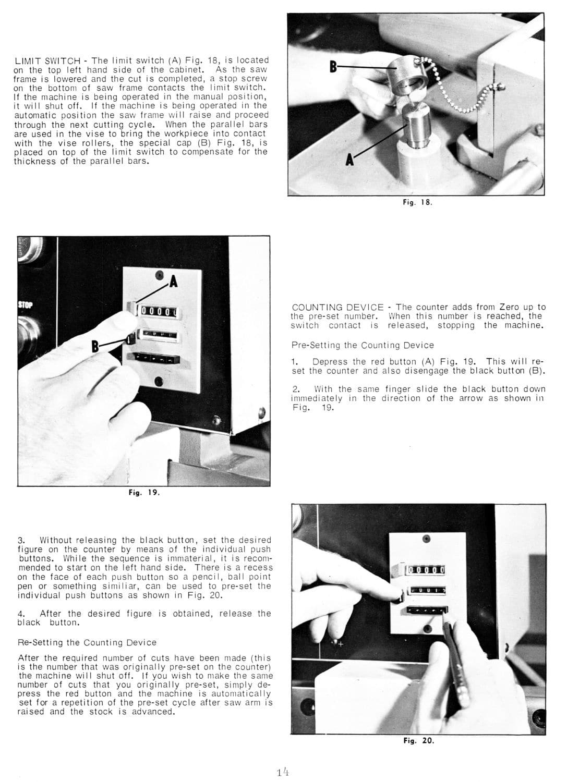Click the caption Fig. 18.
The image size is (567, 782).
click(x=417, y=203)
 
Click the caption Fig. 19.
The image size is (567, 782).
click(x=144, y=492)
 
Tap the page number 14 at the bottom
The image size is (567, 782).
click(x=284, y=771)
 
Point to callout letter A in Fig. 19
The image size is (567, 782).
click(x=174, y=283)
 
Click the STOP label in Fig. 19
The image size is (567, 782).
click(x=25, y=304)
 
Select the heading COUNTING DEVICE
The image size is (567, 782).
click(x=337, y=307)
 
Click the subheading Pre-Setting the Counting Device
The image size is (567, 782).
click(x=362, y=345)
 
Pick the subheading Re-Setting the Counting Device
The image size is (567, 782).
click(x=87, y=642)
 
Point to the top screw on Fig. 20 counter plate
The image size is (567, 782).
click(x=427, y=539)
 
